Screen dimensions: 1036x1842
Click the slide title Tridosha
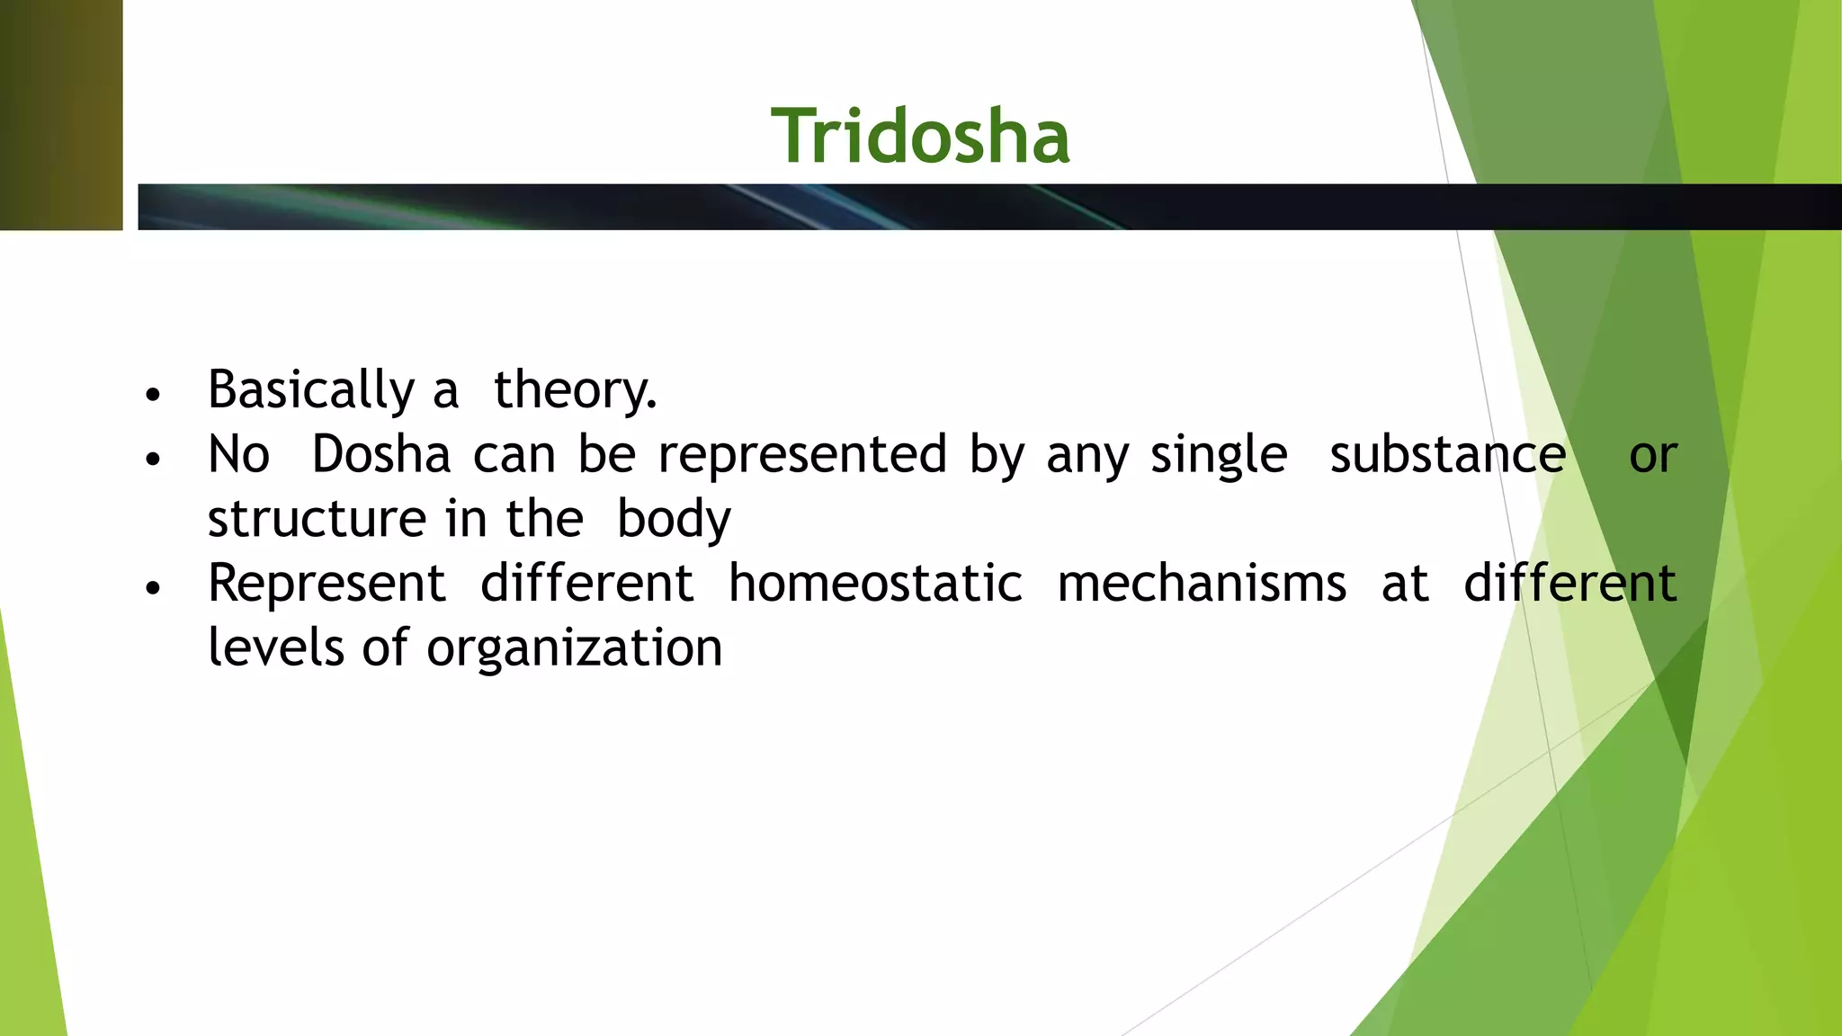920,137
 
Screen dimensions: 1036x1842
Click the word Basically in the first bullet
310,390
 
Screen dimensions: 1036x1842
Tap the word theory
575,390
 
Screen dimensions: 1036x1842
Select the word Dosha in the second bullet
380,454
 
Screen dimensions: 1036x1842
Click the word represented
802,454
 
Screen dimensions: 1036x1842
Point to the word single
1219,454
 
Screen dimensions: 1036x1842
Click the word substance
1447,454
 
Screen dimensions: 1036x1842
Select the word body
674,519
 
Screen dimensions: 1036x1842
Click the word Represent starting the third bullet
326,584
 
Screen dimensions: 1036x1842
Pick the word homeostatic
875,584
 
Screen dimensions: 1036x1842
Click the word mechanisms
1202,584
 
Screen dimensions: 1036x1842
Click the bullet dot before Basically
153,395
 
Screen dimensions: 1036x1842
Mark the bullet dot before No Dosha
153,460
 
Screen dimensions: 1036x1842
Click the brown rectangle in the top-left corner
60,115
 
